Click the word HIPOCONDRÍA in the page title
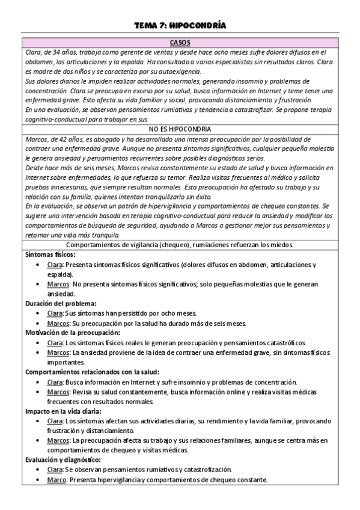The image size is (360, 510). click(x=198, y=25)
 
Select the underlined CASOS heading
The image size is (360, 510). click(x=180, y=43)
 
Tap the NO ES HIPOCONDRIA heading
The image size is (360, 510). click(x=180, y=129)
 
